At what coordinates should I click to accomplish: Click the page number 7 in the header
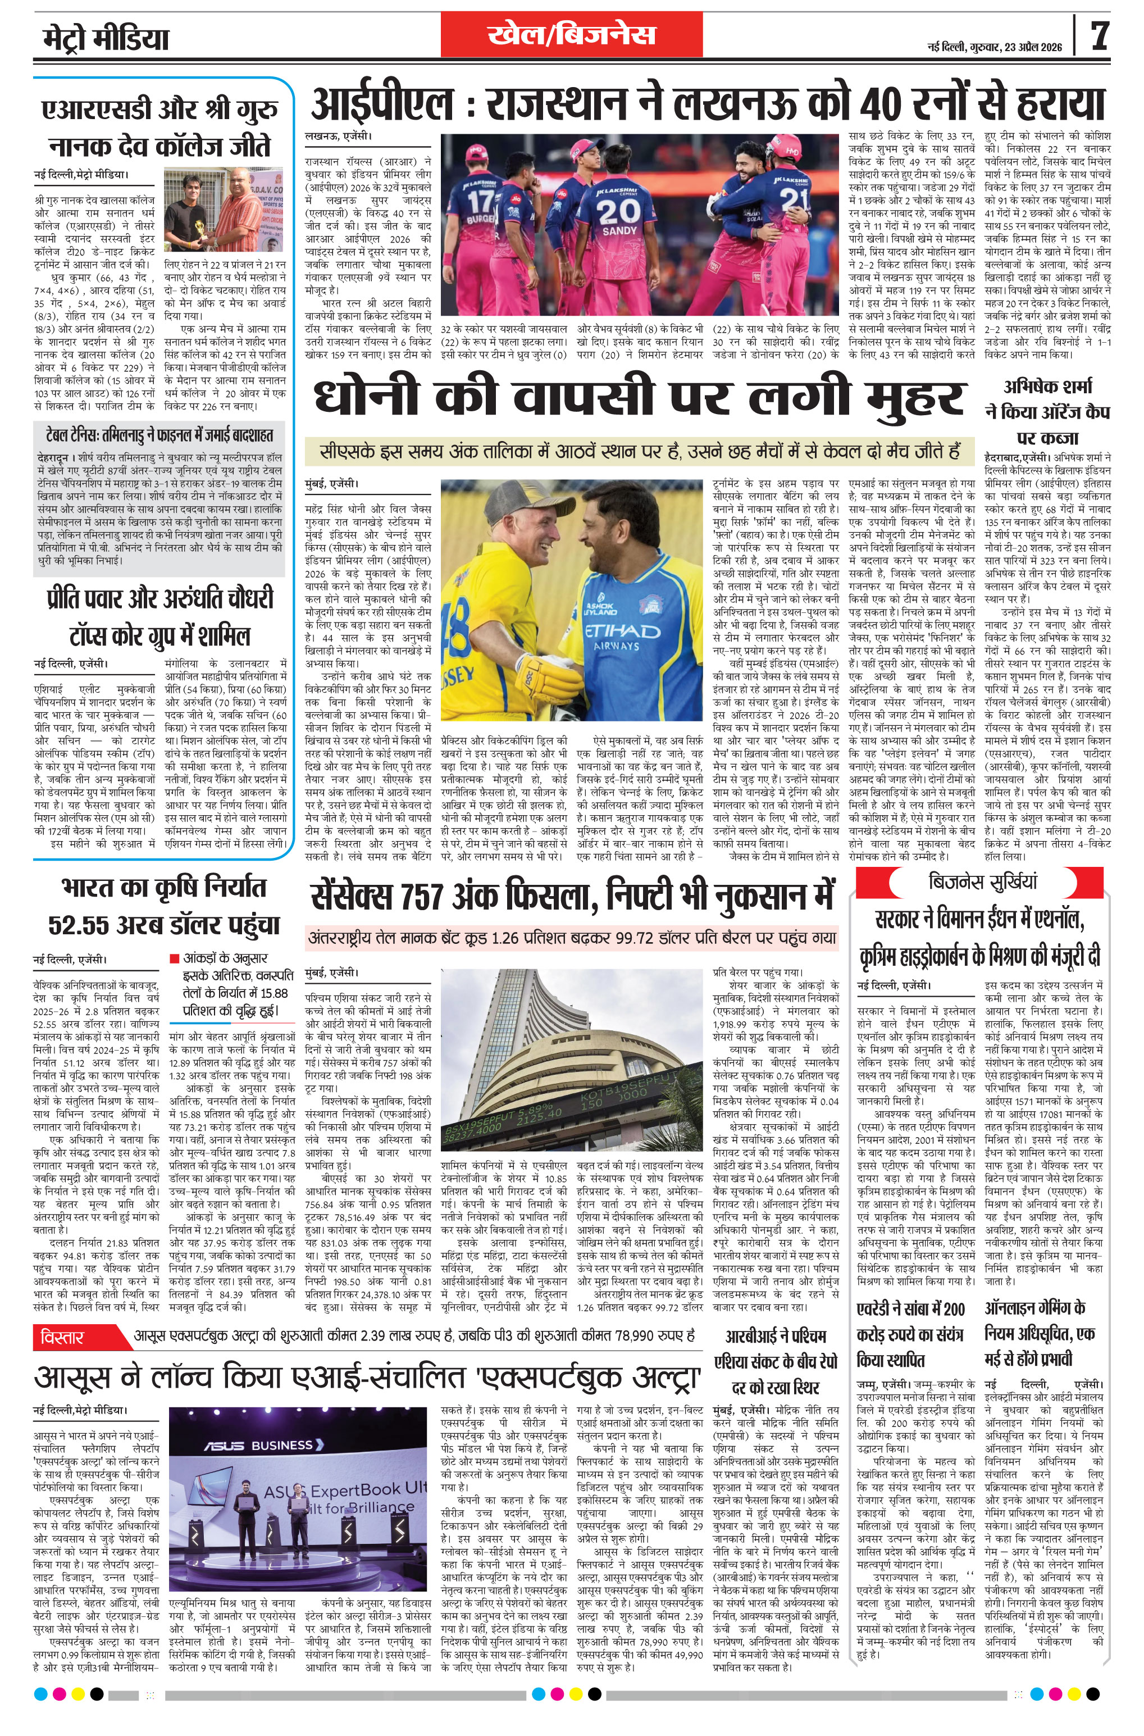click(1100, 35)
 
